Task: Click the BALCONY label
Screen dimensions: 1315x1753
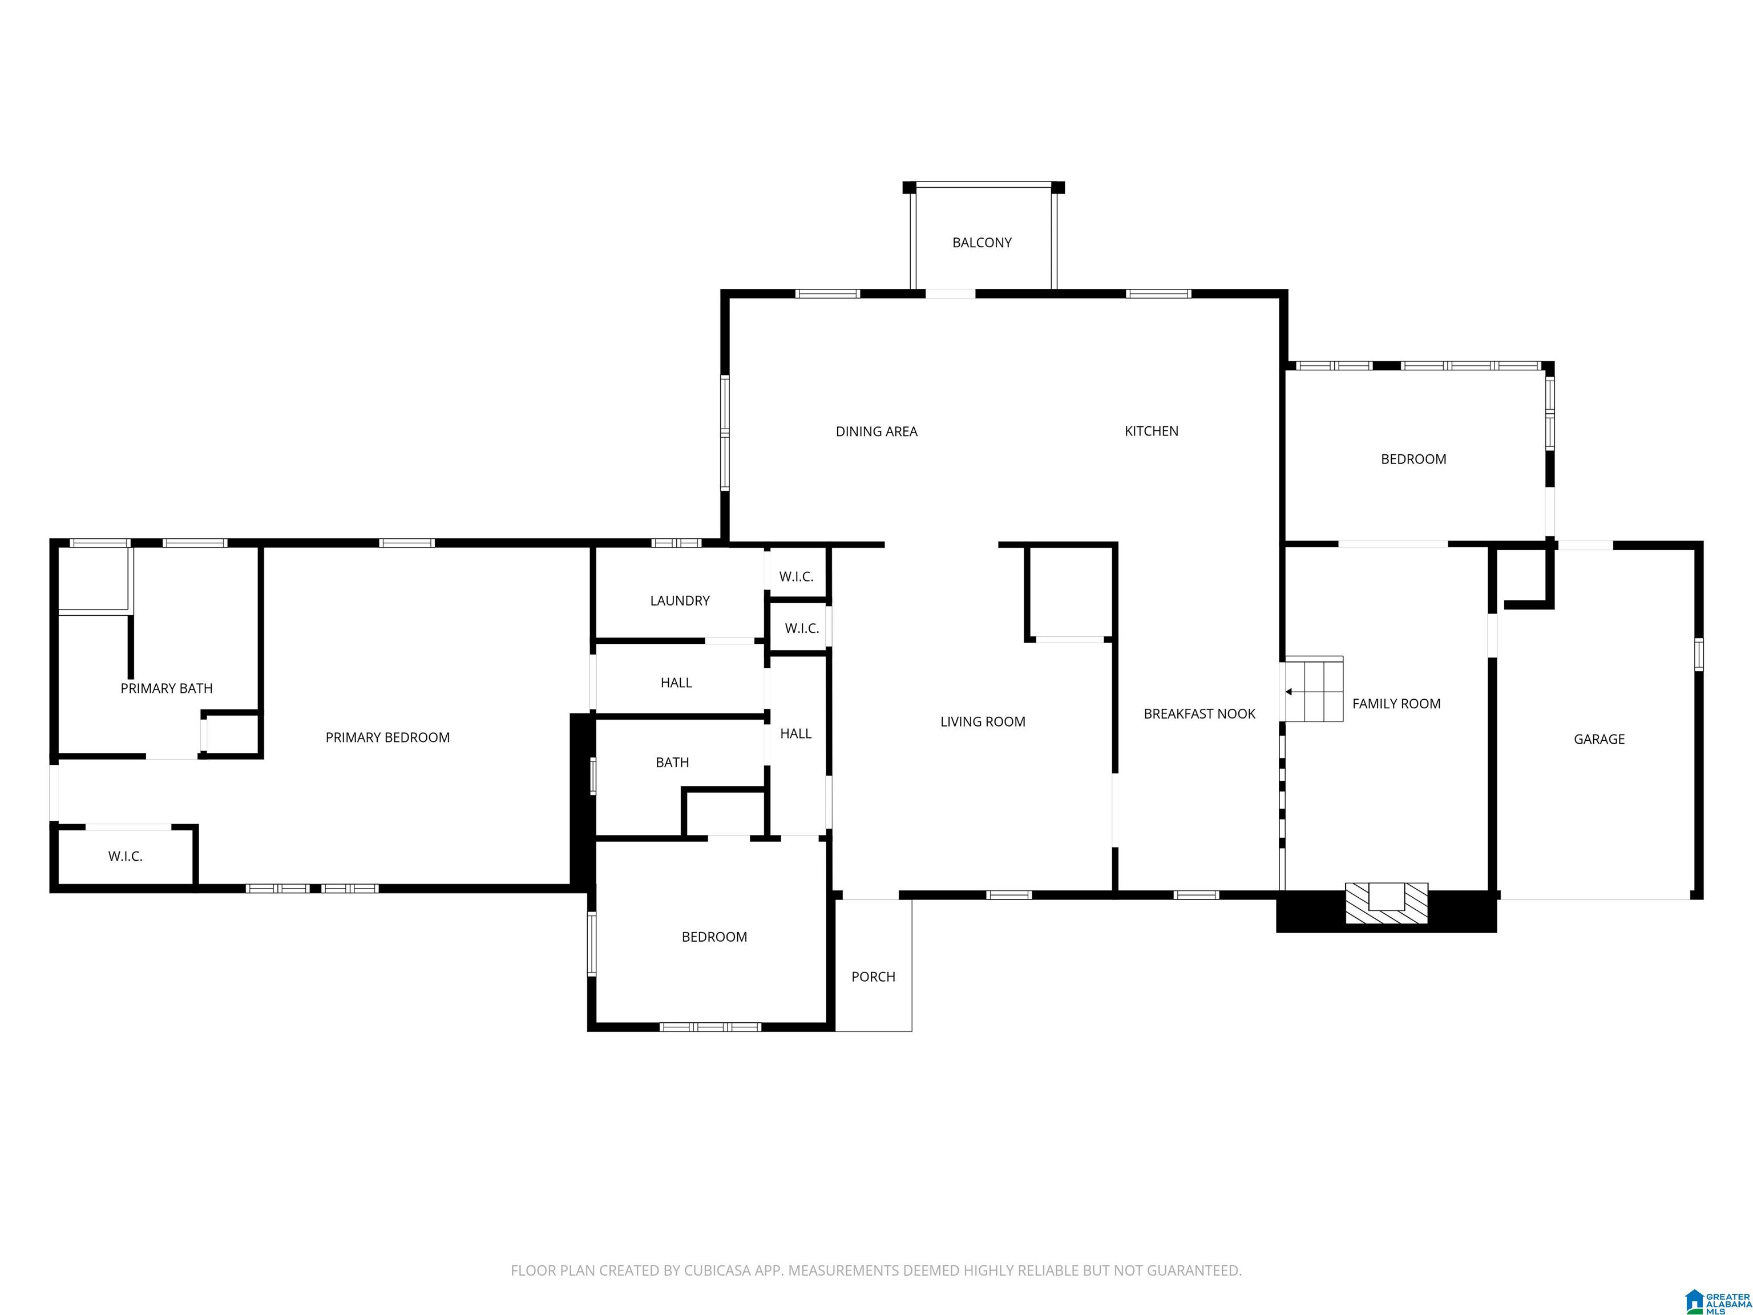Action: (x=982, y=243)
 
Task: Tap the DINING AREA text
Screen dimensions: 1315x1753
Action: (x=876, y=431)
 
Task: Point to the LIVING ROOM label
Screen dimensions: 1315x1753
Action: (x=983, y=721)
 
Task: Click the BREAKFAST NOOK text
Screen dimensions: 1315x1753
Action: (x=1199, y=713)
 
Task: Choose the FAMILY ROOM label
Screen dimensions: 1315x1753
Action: (x=1396, y=703)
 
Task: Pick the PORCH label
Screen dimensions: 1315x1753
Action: (x=873, y=977)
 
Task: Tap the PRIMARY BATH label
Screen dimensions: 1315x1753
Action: (x=167, y=688)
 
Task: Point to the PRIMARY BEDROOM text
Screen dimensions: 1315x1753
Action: (x=387, y=737)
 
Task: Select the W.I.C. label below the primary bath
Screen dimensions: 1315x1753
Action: (x=125, y=856)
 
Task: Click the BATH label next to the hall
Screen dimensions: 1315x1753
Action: (x=672, y=762)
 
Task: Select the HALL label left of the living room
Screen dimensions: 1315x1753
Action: (x=795, y=733)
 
